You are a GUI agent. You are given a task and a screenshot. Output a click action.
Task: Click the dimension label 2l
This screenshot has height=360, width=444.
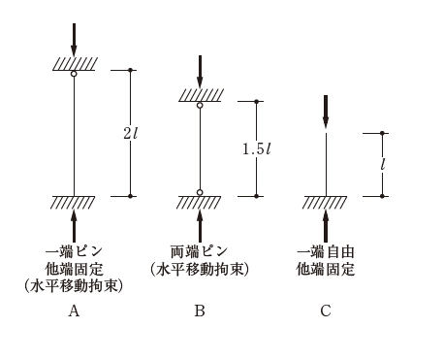(x=130, y=133)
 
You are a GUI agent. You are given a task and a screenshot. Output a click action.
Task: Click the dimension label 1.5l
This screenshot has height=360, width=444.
(x=257, y=148)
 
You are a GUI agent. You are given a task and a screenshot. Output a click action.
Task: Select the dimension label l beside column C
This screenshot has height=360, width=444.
(x=383, y=164)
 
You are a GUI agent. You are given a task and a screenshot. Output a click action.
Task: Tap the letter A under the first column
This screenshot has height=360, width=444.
(x=74, y=311)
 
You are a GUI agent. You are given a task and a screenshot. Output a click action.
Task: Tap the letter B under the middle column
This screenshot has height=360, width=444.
(x=200, y=311)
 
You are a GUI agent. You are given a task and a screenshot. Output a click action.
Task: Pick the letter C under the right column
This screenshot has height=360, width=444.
(x=326, y=311)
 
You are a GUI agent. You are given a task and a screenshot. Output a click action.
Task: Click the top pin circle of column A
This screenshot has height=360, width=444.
(x=74, y=74)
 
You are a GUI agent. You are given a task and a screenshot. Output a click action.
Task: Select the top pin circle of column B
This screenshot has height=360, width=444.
(x=200, y=105)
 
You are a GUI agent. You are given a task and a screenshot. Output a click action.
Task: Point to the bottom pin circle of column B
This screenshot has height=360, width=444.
(x=200, y=192)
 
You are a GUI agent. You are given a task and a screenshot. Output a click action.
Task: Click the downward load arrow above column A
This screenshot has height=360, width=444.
(x=74, y=40)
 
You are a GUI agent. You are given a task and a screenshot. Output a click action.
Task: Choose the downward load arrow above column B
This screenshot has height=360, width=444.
(x=200, y=72)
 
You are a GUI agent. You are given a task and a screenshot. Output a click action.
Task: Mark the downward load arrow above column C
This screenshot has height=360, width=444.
(x=326, y=112)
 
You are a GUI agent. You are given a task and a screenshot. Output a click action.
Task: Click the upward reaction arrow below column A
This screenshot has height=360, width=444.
(x=74, y=226)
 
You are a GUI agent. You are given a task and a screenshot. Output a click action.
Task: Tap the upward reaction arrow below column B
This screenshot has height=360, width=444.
(x=200, y=226)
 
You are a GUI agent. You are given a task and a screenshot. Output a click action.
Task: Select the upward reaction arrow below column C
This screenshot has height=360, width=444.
(x=326, y=226)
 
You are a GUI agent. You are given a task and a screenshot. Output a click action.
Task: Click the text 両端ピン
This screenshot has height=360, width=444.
(x=200, y=251)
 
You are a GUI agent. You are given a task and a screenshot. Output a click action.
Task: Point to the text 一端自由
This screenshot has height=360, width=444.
(x=326, y=252)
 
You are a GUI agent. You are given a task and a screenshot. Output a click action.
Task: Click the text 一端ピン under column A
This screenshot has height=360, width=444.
(x=74, y=251)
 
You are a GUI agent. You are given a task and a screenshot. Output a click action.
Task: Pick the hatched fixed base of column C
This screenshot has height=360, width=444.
(x=325, y=203)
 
